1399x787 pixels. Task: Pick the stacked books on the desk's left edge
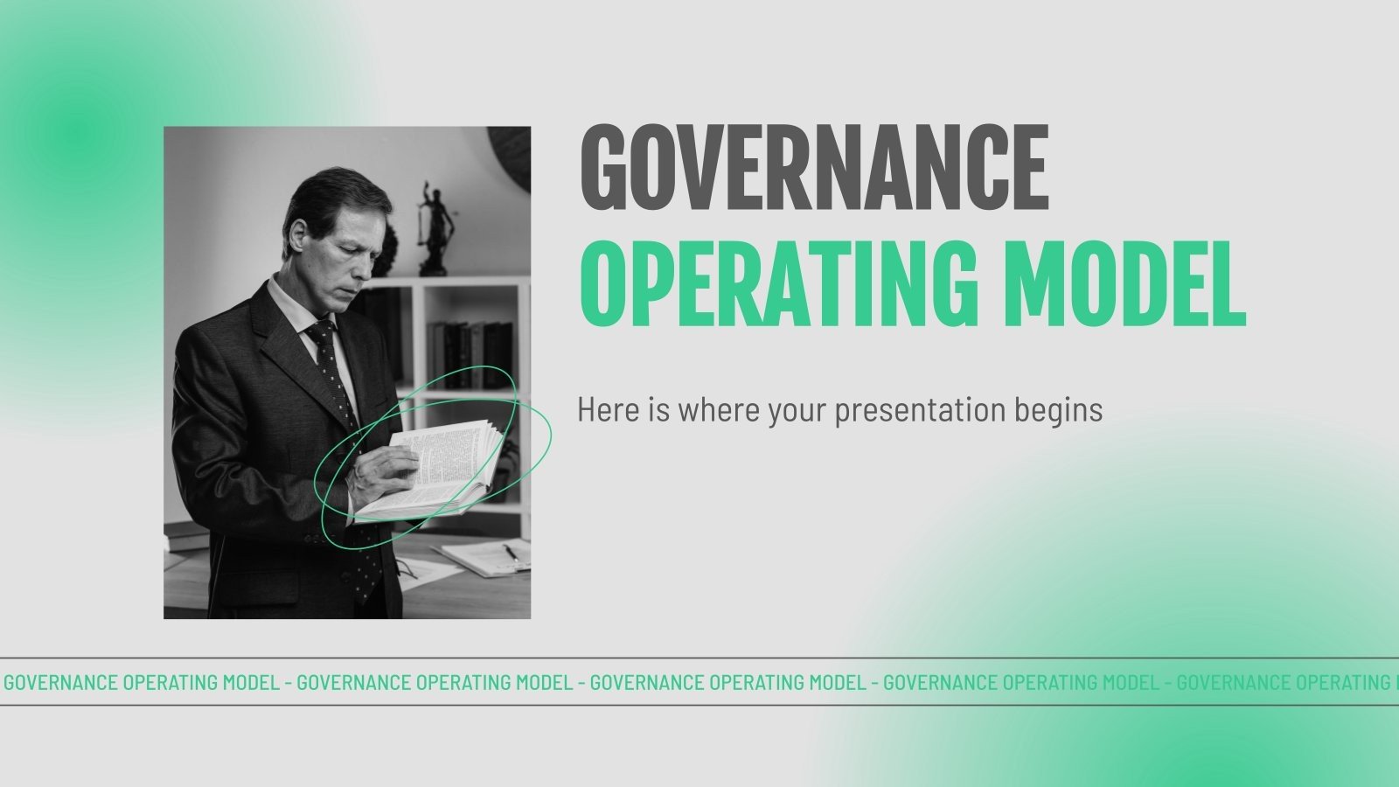pos(185,536)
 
